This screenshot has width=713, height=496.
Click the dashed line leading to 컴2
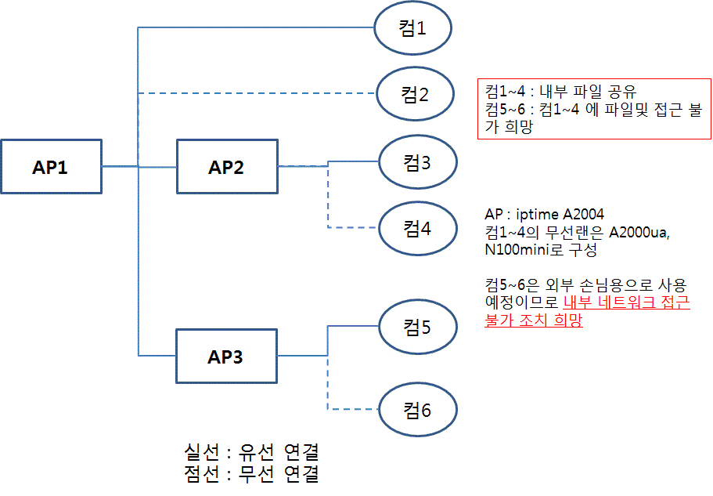[x=257, y=93]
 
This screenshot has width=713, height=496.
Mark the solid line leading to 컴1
[x=256, y=27]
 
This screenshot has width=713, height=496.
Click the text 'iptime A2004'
[x=560, y=215]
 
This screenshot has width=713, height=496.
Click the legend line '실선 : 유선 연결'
[x=251, y=452]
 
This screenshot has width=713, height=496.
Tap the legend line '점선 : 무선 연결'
[x=251, y=474]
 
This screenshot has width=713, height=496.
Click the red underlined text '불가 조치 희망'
[x=534, y=320]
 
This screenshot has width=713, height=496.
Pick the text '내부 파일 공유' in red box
[x=588, y=92]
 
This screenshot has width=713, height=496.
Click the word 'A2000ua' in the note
[x=639, y=233]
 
